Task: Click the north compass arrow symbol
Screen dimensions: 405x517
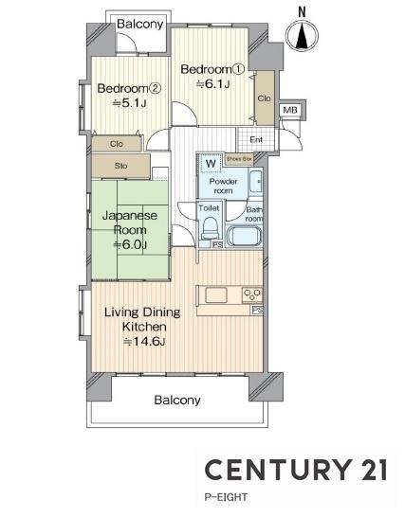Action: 302,35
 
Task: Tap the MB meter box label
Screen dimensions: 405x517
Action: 290,110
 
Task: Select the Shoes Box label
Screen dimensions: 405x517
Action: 239,159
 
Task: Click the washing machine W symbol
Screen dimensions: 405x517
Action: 211,163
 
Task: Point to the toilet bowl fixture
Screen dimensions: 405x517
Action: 210,228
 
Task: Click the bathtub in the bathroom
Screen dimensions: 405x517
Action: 245,236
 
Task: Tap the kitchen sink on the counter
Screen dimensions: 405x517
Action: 216,294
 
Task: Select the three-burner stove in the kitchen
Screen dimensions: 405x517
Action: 252,294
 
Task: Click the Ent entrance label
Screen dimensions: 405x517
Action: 256,140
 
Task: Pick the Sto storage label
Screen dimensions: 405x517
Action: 120,166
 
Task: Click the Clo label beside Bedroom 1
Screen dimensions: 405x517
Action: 264,98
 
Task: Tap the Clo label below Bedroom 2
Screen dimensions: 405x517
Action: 117,144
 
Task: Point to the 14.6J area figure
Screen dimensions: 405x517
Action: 144,342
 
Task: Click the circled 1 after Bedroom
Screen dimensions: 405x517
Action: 238,69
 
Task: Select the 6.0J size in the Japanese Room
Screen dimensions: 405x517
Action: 130,244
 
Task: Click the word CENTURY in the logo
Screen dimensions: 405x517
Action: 278,470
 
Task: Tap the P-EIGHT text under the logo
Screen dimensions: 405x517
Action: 226,497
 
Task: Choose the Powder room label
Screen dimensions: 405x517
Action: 223,186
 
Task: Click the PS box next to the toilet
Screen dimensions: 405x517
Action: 217,244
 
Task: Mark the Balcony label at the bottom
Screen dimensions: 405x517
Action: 177,400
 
